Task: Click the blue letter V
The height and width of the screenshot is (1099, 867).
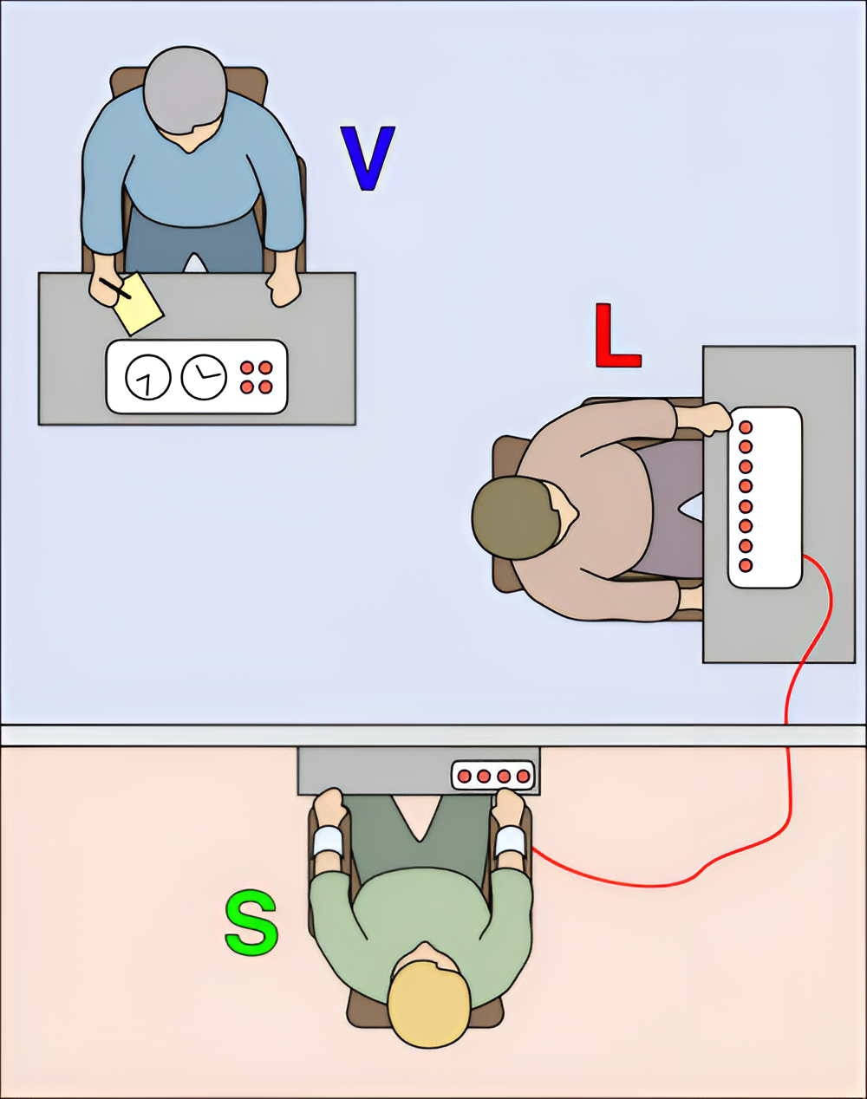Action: click(x=368, y=158)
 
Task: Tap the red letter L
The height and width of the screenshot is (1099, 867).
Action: click(x=617, y=335)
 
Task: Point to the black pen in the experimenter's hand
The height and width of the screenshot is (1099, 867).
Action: click(x=115, y=289)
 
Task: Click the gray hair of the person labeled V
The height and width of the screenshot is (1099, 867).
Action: click(x=185, y=91)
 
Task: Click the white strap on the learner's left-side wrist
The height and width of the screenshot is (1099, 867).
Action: click(x=328, y=841)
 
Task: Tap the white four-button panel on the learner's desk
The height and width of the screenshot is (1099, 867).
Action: click(x=493, y=776)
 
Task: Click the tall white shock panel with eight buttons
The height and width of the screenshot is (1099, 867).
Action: click(x=765, y=497)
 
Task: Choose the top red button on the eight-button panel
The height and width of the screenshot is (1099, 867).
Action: click(x=746, y=427)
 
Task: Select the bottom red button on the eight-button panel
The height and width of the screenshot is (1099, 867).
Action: click(x=746, y=565)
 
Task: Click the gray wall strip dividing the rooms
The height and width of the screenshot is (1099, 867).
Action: click(x=433, y=735)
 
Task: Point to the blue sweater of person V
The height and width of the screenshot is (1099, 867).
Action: click(x=193, y=173)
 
